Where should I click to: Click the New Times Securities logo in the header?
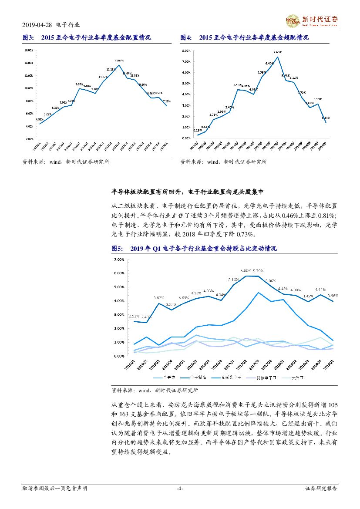tap(311, 20)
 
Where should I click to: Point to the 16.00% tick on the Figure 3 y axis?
tap(28, 50)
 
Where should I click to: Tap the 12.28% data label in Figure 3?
tap(111, 70)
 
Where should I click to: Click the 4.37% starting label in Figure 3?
tap(39, 119)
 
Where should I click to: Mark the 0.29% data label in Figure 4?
tap(197, 130)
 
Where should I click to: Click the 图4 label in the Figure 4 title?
tap(186, 38)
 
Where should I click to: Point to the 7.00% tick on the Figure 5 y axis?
tap(119, 260)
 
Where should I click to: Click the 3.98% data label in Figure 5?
tap(333, 296)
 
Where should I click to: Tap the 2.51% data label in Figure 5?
tap(133, 316)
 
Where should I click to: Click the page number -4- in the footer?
tap(180, 489)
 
